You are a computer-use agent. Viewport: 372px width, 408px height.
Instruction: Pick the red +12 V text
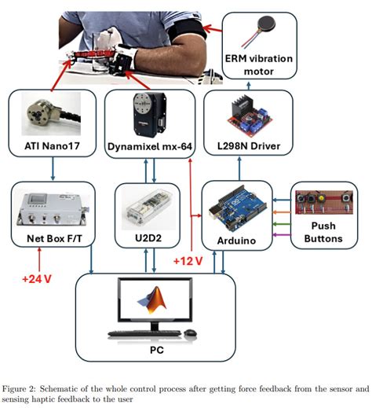tap(189, 260)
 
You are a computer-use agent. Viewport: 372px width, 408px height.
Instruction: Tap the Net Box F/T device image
tap(51, 206)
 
